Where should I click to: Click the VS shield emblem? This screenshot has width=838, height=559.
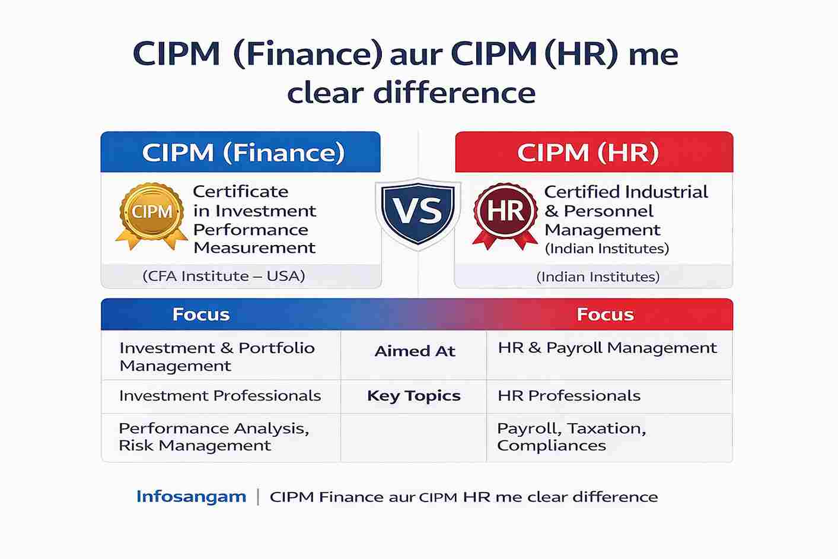(418, 214)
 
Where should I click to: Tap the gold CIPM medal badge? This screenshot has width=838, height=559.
(151, 215)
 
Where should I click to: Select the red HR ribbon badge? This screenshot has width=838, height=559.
(505, 215)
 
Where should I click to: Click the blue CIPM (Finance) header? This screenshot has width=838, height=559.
(241, 152)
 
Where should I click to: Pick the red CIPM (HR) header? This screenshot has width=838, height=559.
(594, 152)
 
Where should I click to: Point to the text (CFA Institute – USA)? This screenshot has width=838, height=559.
(224, 277)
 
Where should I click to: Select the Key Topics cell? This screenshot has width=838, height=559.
(414, 396)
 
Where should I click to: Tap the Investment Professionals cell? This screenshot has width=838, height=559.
(220, 396)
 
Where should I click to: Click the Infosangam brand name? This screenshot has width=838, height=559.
(191, 497)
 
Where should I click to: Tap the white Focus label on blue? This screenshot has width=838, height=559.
(201, 315)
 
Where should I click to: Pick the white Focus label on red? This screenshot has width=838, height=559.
(606, 315)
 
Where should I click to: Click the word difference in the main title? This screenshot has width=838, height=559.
(454, 93)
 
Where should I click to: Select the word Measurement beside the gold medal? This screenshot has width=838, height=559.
(254, 248)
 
